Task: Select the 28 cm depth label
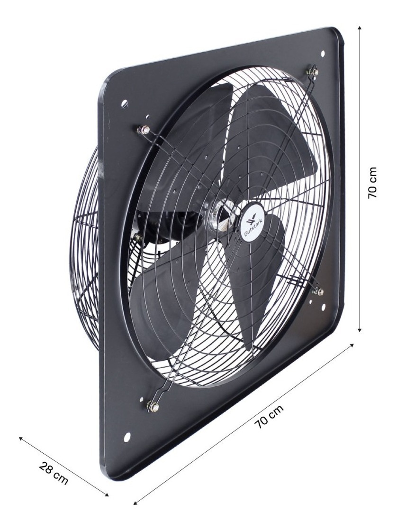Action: (x=53, y=474)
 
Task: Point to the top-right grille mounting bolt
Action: (x=313, y=72)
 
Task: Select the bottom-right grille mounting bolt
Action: (x=318, y=291)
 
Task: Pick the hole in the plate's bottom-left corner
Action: (x=126, y=436)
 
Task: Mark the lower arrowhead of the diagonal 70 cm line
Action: (x=135, y=502)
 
